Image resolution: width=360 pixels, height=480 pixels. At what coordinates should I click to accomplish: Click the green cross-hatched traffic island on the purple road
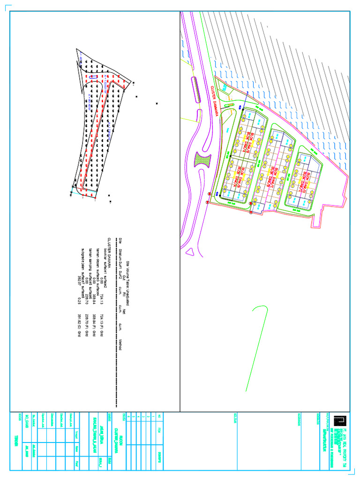coord(203,162)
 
